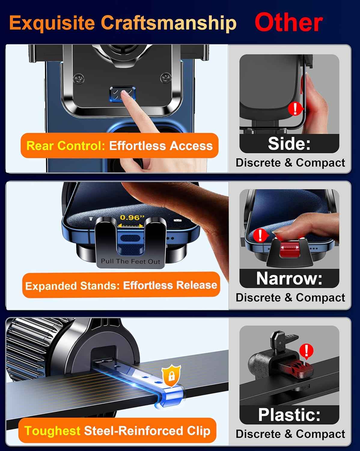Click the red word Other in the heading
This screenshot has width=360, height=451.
pos(288,23)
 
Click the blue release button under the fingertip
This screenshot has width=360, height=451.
pos(122,94)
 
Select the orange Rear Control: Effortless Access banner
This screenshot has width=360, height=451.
pos(119,146)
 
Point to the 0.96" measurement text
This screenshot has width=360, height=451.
pos(132,217)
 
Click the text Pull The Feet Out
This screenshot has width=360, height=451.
pos(130,261)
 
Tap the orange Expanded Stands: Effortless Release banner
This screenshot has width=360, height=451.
pos(121,285)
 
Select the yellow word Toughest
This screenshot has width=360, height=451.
pos(52,431)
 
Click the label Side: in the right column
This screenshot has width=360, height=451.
pos(289,144)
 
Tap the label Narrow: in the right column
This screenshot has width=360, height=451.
pos(289,278)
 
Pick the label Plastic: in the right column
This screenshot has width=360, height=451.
pos(289,415)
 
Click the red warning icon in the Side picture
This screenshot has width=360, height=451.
pos(295,109)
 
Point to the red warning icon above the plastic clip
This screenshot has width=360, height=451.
pos(306,351)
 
